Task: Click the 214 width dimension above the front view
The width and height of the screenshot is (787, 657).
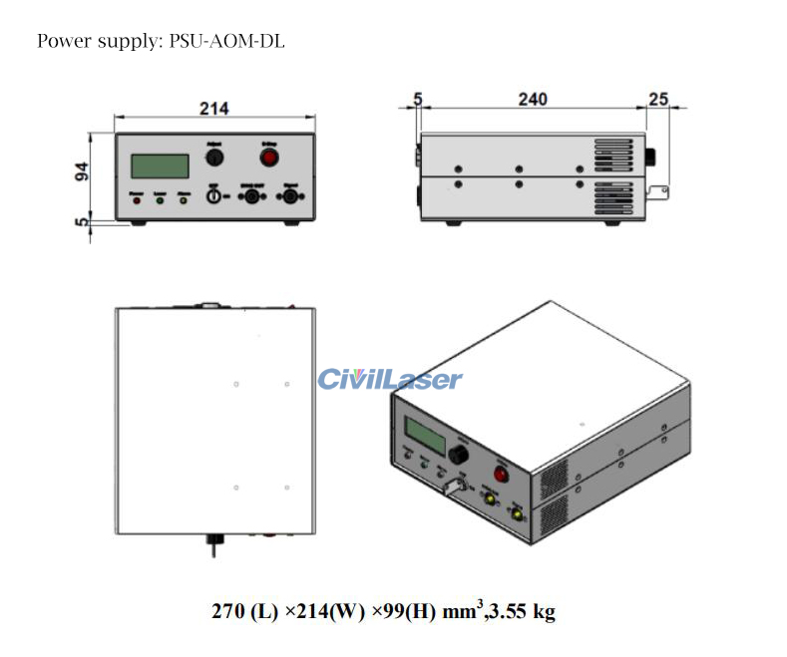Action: [213, 109]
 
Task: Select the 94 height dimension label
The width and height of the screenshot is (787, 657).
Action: [83, 170]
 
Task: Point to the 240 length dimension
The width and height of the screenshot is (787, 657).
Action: [532, 100]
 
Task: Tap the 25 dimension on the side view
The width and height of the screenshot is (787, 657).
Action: [657, 100]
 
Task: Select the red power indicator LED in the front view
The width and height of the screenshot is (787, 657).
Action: [136, 199]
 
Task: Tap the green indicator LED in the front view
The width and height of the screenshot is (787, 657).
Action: [160, 199]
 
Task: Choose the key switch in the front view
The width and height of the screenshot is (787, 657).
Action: [212, 197]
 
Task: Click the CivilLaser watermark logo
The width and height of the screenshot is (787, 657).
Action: [390, 379]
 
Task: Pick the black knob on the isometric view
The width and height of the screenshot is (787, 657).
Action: [460, 456]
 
